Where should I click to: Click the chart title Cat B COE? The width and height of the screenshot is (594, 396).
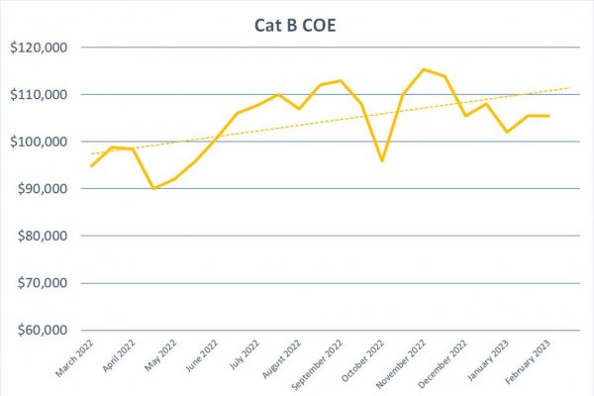pos(295,26)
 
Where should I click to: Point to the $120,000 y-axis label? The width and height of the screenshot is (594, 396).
pos(39,48)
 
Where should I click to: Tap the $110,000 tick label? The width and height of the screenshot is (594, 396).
pos(39,95)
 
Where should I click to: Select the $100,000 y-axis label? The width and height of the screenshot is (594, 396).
pos(39,142)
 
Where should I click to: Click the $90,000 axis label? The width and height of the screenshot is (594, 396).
pos(43,189)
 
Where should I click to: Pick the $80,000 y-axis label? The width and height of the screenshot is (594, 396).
pos(43,236)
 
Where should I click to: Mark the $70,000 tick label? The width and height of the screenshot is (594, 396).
pos(43,283)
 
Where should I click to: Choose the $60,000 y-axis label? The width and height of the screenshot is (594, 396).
pos(43,330)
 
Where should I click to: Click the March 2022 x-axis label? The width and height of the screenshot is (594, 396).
pos(74,357)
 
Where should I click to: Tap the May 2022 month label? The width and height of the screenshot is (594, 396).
pos(160,355)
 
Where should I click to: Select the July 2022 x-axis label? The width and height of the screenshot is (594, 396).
pos(245,354)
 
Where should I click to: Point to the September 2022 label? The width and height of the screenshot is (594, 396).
pos(317,364)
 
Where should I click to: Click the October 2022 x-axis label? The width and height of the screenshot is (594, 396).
pos(362,360)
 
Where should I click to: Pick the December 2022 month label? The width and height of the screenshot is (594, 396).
pos(443,363)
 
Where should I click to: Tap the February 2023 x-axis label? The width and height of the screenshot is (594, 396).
pos(528,362)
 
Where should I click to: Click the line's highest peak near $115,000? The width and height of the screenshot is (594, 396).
pos(424,69)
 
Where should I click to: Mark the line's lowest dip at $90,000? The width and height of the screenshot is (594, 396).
pos(153,188)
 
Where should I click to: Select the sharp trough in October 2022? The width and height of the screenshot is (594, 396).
pos(382,161)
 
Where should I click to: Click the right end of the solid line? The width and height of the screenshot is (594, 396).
pos(548,116)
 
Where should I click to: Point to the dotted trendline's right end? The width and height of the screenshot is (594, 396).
pos(570,88)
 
